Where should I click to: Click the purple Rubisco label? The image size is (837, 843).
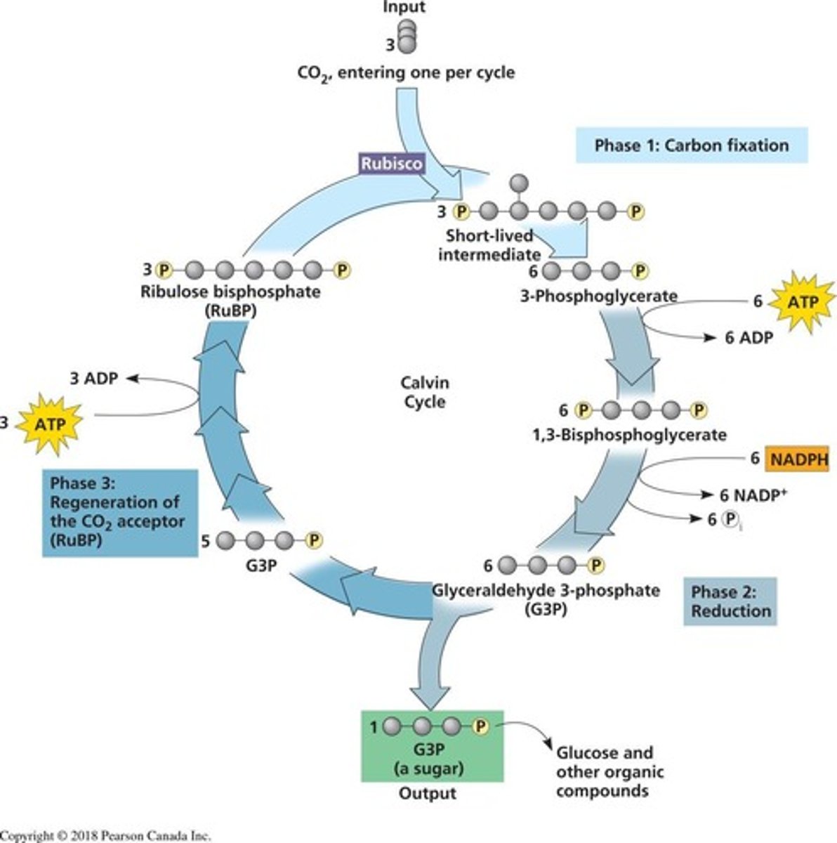pyautogui.click(x=392, y=164)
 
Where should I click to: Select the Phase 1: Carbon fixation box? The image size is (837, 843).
pyautogui.click(x=691, y=145)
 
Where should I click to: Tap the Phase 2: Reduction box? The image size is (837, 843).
pyautogui.click(x=730, y=601)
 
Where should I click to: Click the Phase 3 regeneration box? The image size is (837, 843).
pyautogui.click(x=119, y=512)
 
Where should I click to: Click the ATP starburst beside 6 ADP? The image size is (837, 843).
pyautogui.click(x=801, y=301)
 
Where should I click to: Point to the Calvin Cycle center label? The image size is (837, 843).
pyautogui.click(x=425, y=392)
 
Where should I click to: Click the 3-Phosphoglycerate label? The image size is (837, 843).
pyautogui.click(x=598, y=296)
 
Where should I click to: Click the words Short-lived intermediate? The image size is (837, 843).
pyautogui.click(x=489, y=244)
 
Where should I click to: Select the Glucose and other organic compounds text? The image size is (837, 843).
pyautogui.click(x=608, y=771)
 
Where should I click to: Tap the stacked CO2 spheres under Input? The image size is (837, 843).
pyautogui.click(x=407, y=37)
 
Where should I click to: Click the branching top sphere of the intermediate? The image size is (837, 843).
pyautogui.click(x=518, y=183)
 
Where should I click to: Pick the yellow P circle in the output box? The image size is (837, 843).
pyautogui.click(x=481, y=725)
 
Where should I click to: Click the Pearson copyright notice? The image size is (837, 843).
pyautogui.click(x=105, y=836)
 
